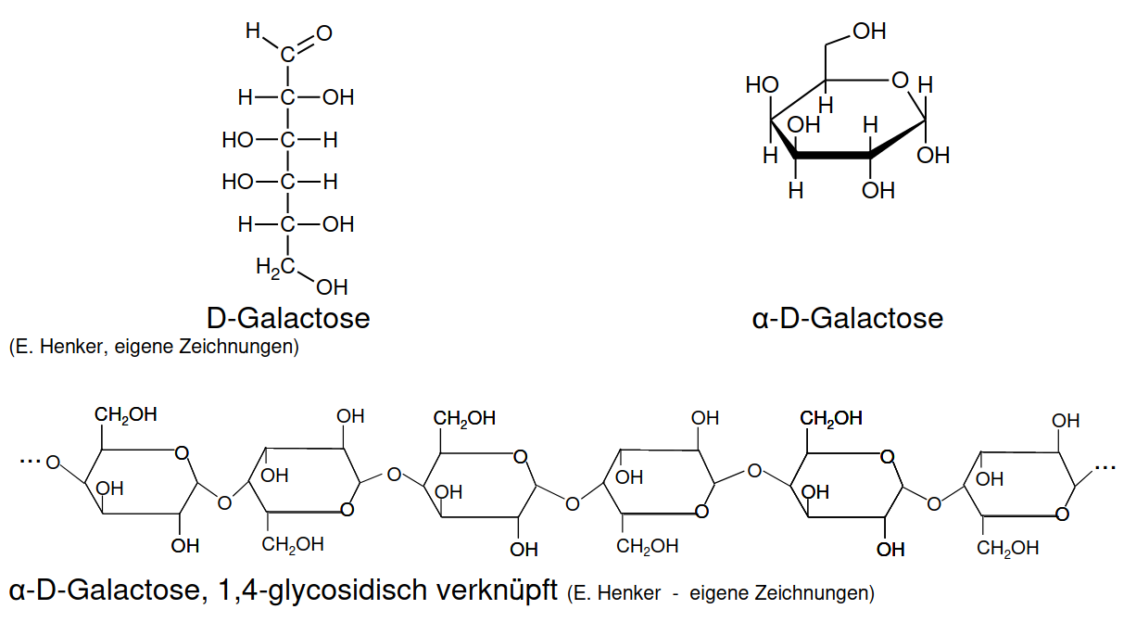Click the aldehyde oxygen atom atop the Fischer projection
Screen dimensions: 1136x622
[324, 33]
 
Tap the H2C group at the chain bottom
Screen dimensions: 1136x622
[275, 267]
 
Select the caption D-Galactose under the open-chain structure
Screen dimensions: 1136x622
[288, 319]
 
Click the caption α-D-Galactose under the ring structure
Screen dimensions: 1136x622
[848, 319]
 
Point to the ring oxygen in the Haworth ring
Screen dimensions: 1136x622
[900, 80]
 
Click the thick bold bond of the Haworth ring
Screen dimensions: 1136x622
[833, 155]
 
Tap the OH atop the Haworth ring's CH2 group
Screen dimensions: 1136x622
[869, 32]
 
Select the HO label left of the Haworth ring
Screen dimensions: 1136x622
[762, 84]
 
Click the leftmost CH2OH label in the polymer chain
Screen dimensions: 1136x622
[126, 415]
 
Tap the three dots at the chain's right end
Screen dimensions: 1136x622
[1105, 466]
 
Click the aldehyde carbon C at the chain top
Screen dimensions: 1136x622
[287, 55]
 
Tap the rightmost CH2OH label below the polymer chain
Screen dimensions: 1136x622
[1008, 548]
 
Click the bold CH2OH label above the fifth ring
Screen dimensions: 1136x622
[831, 419]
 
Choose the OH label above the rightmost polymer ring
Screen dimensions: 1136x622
[1066, 421]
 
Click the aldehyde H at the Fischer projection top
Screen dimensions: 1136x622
[253, 31]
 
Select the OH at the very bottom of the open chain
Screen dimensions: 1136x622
[332, 287]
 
